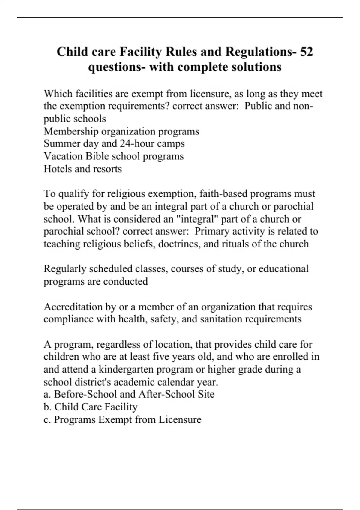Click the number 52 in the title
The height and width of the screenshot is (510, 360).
pos(306,52)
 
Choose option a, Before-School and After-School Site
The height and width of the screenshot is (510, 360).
pos(129,394)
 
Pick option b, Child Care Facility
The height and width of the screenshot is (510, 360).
pos(91,407)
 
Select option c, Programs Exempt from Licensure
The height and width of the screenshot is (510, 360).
pos(122,419)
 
